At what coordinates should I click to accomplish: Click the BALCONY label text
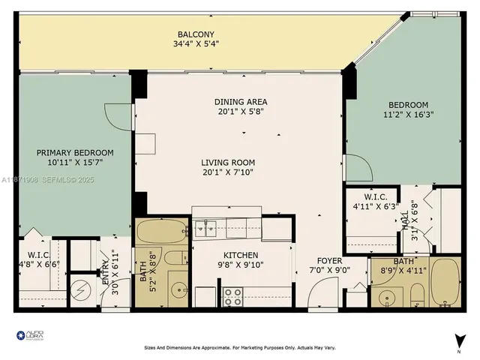(x=196, y=34)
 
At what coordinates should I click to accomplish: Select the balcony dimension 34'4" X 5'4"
(x=196, y=44)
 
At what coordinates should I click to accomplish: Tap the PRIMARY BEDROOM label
(x=76, y=152)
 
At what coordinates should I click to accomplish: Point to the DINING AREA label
(x=241, y=102)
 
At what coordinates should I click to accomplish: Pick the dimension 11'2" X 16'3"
(x=408, y=115)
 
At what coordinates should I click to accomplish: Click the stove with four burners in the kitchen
(x=232, y=297)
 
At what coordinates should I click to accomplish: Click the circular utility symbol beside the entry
(x=79, y=289)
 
